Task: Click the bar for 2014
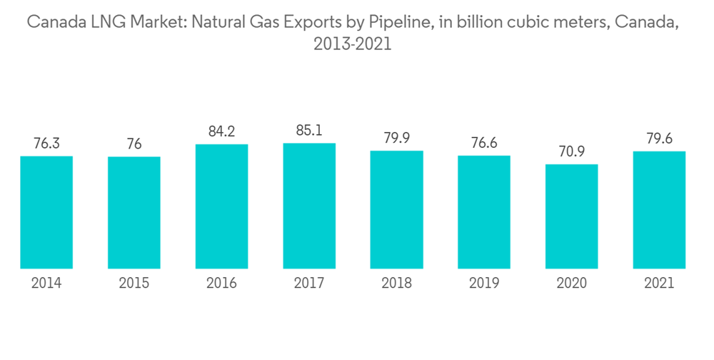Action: click(x=46, y=212)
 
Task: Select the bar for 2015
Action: click(x=134, y=213)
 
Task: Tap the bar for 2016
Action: click(x=221, y=206)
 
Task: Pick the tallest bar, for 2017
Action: click(x=309, y=206)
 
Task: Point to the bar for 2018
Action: click(x=396, y=209)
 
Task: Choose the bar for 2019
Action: click(x=484, y=212)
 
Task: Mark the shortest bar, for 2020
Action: click(x=571, y=216)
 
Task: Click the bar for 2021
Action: click(x=659, y=210)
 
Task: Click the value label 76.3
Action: click(x=46, y=144)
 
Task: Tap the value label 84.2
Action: click(x=221, y=131)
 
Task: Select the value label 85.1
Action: click(x=309, y=131)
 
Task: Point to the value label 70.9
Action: click(x=571, y=152)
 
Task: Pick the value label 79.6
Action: click(x=659, y=139)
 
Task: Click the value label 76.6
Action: click(x=484, y=143)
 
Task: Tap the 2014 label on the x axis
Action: click(x=46, y=284)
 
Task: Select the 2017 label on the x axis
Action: click(x=309, y=284)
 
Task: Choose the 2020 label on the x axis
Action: click(x=571, y=284)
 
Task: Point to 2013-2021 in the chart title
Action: click(x=353, y=44)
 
